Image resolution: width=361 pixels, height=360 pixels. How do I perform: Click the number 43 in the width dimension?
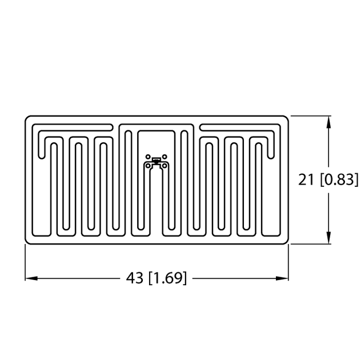[x=135, y=278]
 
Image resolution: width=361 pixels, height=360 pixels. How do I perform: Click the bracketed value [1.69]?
[x=167, y=278]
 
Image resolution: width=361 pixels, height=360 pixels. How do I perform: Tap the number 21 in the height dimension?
[x=307, y=180]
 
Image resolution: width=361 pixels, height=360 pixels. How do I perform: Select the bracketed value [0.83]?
[x=339, y=180]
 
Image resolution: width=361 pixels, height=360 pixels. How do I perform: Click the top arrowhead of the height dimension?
[x=328, y=122]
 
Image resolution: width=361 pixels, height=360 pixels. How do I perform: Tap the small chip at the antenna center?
[x=156, y=160]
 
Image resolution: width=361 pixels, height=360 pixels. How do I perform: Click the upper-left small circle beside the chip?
[x=147, y=157]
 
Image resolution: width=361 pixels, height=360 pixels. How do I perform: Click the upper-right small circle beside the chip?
[x=165, y=157]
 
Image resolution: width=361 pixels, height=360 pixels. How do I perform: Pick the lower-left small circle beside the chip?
[x=148, y=165]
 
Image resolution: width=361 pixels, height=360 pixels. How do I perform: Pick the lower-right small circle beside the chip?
[x=164, y=165]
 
